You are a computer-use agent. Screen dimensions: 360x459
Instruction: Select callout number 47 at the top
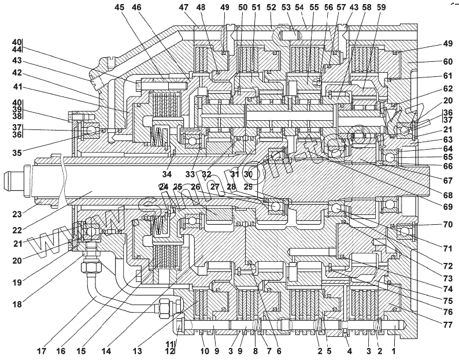pyautogui.click(x=184, y=8)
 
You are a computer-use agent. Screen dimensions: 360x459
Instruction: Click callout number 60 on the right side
pyautogui.click(x=432, y=61)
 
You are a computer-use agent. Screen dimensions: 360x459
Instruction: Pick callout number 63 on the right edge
pyautogui.click(x=432, y=139)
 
